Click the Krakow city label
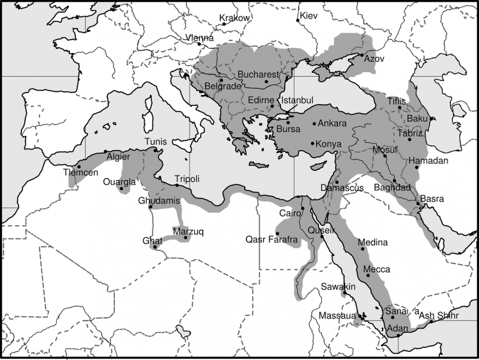[234, 18]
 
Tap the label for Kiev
[308, 15]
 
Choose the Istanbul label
[298, 101]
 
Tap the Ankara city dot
[314, 123]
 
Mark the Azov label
[375, 58]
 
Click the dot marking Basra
[419, 204]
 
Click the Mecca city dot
[368, 275]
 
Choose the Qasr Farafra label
[271, 240]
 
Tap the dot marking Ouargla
[121, 189]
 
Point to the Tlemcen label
[80, 173]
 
